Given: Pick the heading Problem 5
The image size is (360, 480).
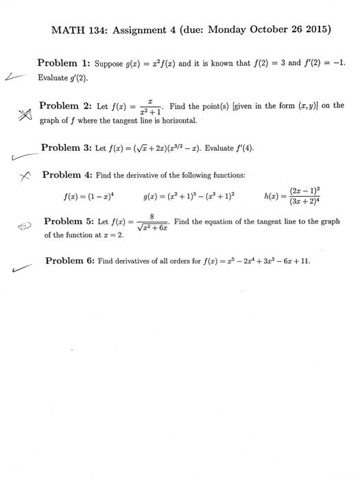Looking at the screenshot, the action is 68,221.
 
